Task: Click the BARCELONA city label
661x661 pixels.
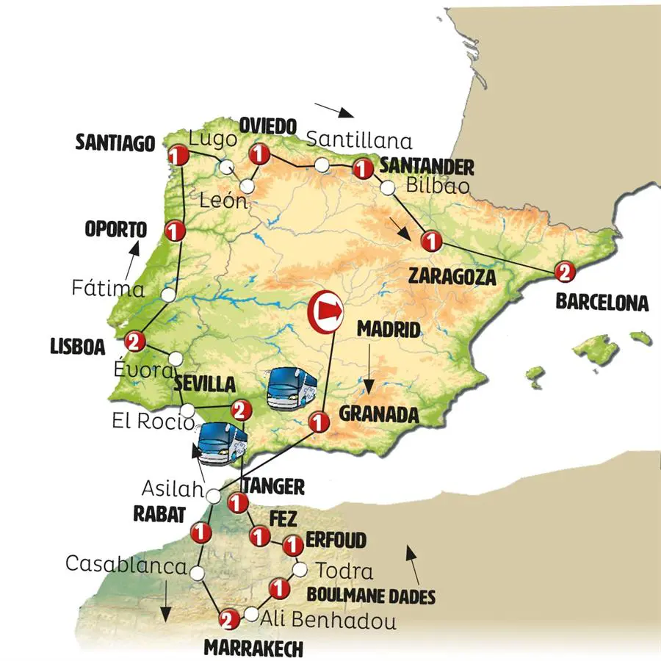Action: coord(602,302)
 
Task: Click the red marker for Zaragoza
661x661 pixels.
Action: coord(431,240)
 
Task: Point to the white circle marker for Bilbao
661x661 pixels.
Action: coord(387,189)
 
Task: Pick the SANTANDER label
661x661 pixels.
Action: coord(427,166)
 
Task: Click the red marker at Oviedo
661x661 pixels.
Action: coord(258,154)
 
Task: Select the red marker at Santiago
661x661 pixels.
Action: coord(176,156)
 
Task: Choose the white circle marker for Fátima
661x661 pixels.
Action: coord(169,295)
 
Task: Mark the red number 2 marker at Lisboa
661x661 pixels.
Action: coord(134,341)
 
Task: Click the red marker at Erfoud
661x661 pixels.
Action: coord(293,546)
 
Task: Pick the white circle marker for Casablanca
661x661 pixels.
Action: coord(197,572)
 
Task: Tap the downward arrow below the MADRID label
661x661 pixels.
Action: coord(371,380)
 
